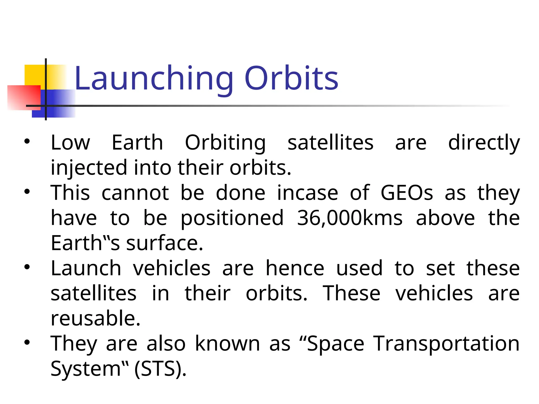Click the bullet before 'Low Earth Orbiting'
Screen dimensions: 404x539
27,142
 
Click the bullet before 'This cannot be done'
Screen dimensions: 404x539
27,192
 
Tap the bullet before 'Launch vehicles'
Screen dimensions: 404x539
27,267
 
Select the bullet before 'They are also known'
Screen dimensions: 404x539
27,342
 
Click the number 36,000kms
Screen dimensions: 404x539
350,218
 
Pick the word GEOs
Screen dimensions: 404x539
407,193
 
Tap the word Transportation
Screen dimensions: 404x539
447,344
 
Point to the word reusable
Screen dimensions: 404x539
95,318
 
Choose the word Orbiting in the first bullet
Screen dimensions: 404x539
225,143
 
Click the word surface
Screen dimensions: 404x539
164,243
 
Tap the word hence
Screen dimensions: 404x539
295,268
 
